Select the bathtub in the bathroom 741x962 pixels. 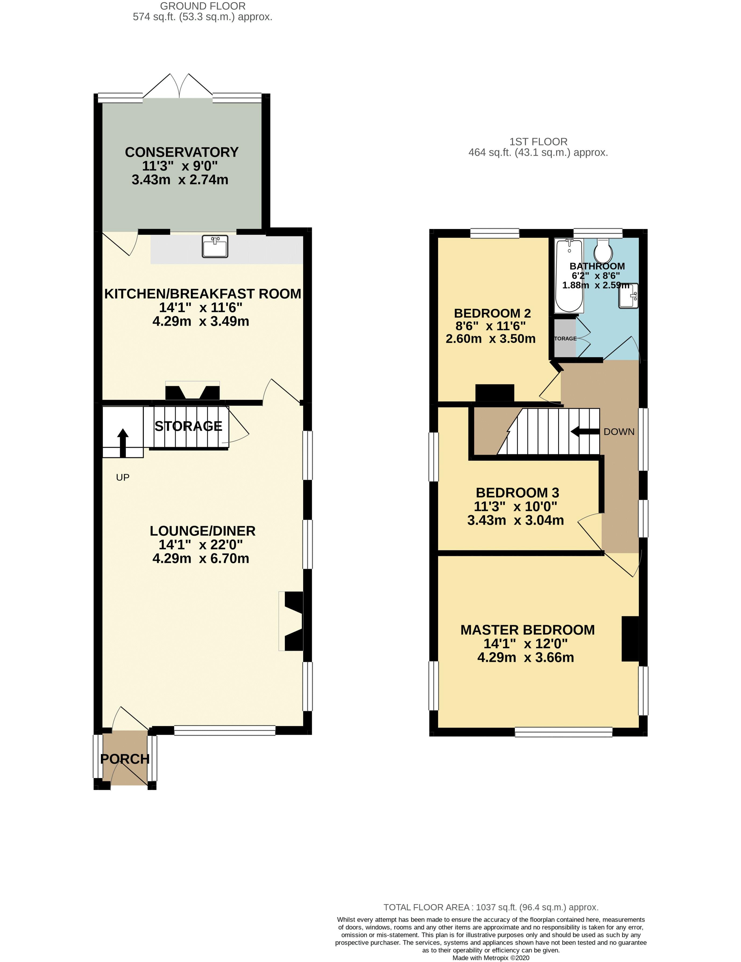tap(569, 275)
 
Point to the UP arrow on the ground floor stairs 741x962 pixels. tap(122, 442)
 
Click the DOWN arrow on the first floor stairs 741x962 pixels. tap(585, 432)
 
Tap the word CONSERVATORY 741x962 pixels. tap(182, 152)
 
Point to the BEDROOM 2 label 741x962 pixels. tap(492, 313)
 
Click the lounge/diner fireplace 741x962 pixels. tap(291, 621)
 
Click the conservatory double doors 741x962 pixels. tap(178, 86)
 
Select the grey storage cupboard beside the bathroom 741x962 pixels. tap(565, 338)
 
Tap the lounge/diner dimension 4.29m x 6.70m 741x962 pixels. tap(201, 558)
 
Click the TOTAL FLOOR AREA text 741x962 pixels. tap(491, 907)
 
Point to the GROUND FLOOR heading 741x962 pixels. tap(203, 6)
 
